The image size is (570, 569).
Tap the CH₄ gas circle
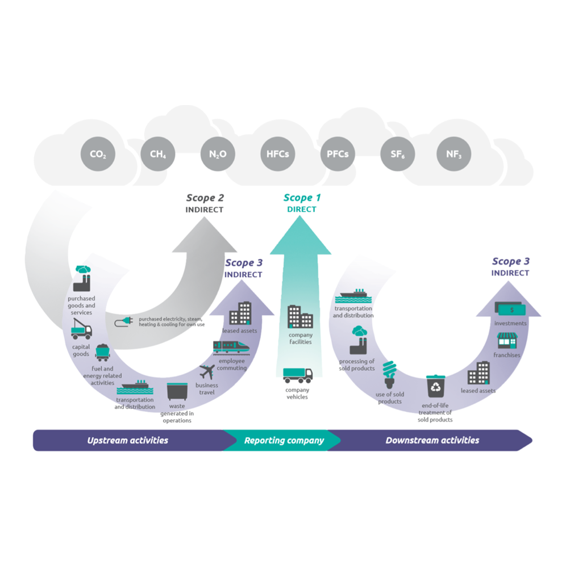point(158,154)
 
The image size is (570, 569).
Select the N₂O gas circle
point(218,154)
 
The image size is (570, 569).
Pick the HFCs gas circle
point(278,154)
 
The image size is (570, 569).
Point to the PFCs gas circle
point(338,154)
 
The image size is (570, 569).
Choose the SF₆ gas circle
point(398,154)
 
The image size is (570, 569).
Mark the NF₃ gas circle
point(453,154)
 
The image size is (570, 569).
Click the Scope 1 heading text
point(302,198)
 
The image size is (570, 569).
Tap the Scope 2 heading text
point(205,198)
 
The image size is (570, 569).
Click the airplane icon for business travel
point(207,373)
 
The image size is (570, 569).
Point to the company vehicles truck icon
point(298,374)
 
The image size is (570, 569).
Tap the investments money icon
point(510,309)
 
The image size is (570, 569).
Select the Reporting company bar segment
point(284,440)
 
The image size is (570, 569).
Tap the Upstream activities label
point(127,440)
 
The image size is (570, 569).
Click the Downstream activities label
point(432,440)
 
